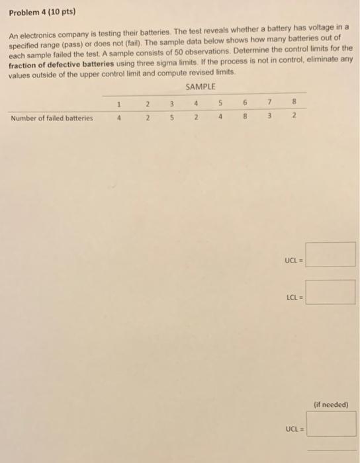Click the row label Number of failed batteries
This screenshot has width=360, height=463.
52,118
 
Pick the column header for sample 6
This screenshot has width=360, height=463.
245,103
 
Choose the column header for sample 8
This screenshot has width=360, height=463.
294,103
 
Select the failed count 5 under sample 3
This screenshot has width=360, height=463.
171,118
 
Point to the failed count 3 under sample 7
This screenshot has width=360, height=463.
270,118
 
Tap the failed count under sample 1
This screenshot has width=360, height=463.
118,118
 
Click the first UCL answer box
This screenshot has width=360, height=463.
331,255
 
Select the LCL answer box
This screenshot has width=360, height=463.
331,292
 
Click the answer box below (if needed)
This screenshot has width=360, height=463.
331,424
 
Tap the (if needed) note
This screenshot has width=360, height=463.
332,403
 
